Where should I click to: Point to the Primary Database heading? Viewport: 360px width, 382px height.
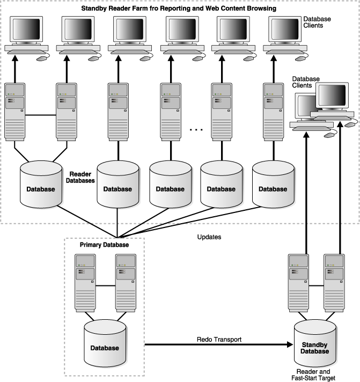click(x=104, y=245)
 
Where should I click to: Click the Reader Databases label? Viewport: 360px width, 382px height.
click(x=82, y=177)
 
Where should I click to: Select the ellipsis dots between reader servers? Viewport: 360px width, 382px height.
click(x=196, y=130)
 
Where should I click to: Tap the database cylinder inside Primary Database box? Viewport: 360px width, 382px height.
click(x=105, y=346)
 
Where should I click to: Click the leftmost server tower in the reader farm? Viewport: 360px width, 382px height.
click(x=15, y=112)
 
